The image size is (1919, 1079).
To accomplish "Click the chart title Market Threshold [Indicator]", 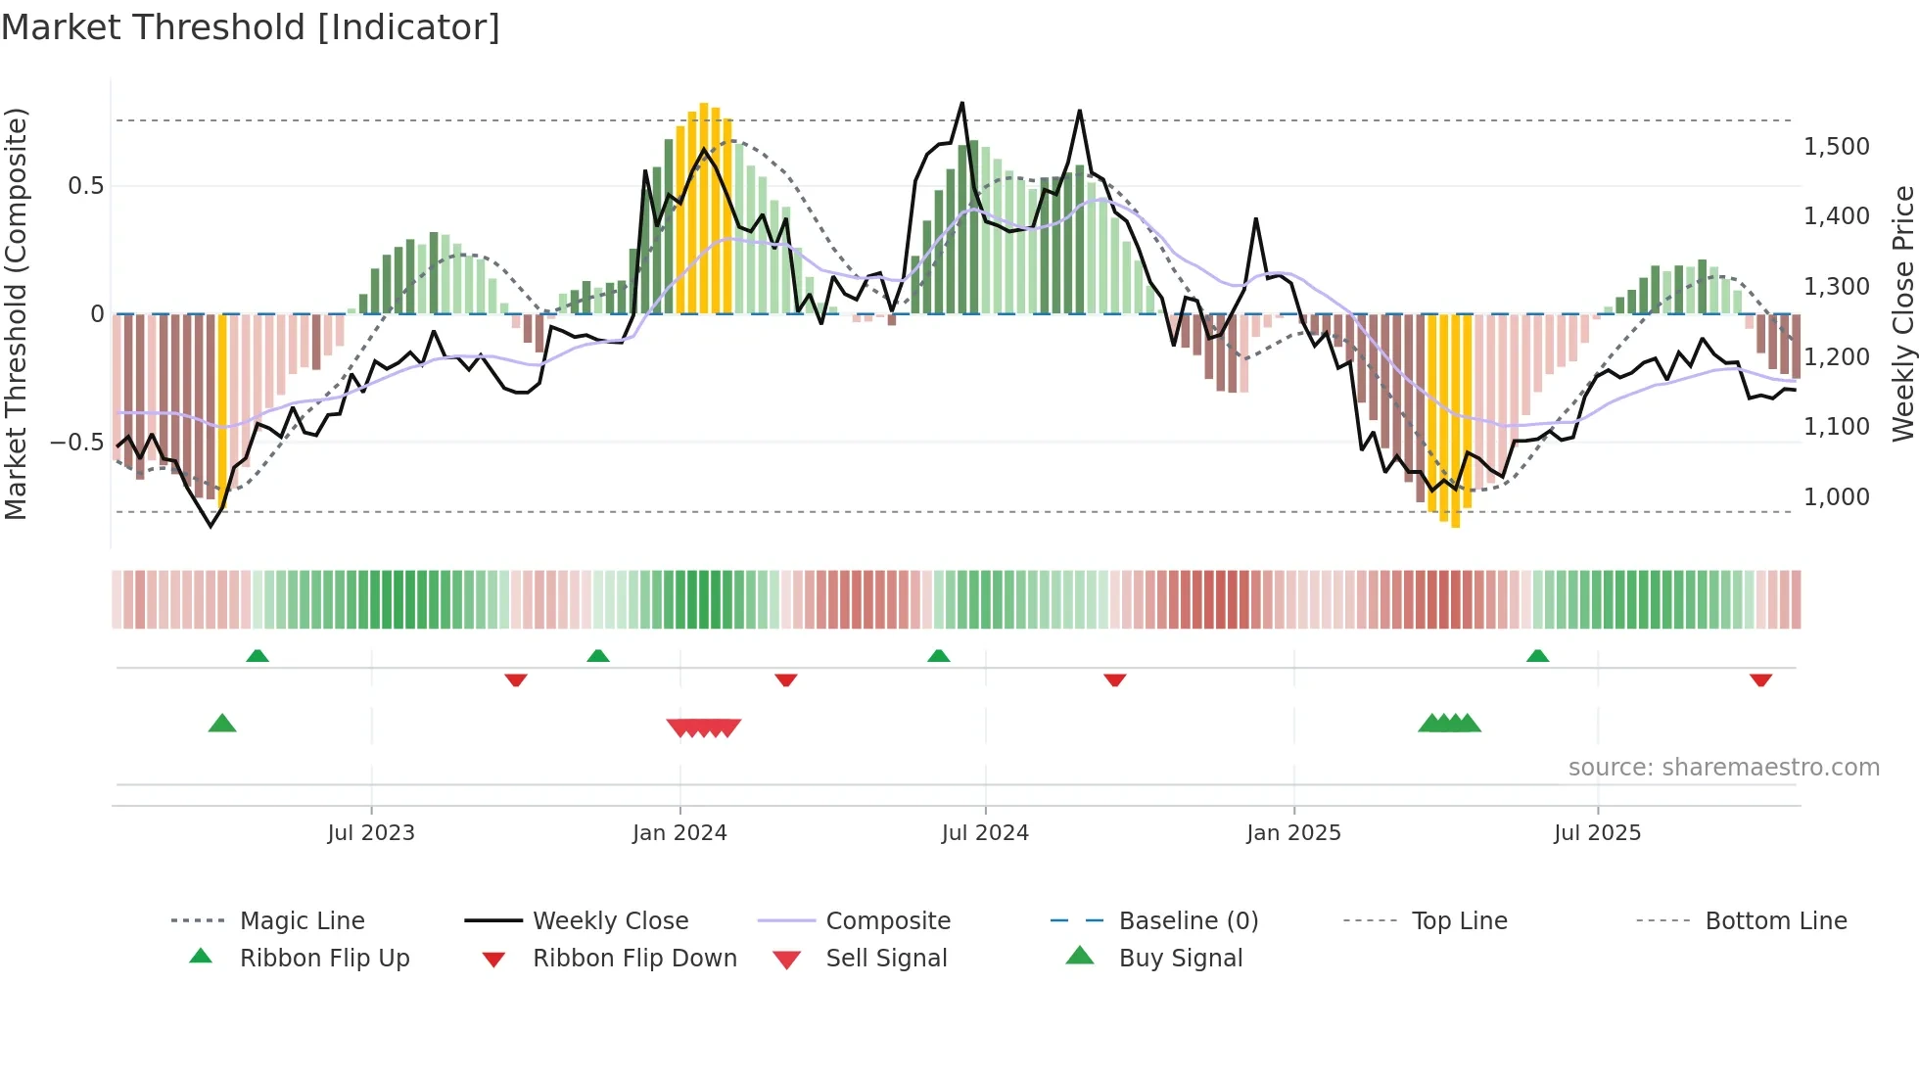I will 251,27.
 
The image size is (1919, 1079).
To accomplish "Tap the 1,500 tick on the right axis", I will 1836,147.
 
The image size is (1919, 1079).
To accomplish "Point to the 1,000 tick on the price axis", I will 1836,497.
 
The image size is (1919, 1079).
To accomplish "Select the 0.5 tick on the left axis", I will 85,186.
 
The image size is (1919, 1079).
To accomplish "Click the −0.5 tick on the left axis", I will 77,443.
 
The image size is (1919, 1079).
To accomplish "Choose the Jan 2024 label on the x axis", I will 679,833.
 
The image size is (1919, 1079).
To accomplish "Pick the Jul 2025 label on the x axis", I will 1597,833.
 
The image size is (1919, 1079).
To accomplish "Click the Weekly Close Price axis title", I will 1902,313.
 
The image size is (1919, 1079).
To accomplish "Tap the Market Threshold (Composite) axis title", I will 16,313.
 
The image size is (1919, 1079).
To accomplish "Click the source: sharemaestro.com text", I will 1723,768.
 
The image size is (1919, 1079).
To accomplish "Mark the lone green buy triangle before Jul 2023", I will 222,724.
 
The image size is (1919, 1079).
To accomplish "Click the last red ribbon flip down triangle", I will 1760,680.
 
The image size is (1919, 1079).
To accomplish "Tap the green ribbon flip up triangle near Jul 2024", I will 938,655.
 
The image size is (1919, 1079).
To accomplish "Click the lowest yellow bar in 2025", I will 1456,421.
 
